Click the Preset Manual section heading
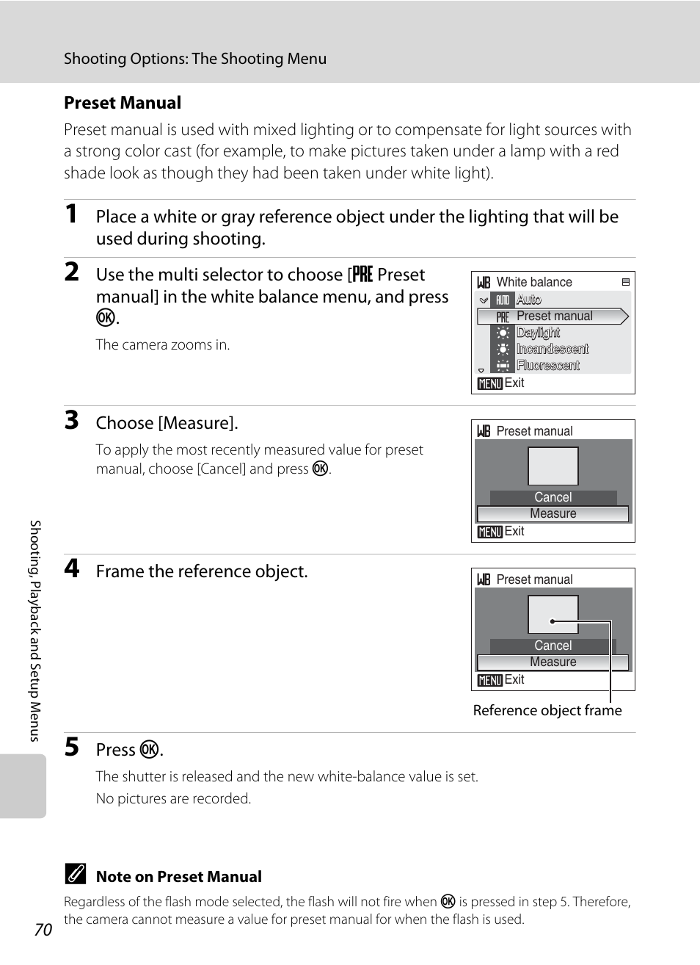pos(122,103)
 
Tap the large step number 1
pos(71,214)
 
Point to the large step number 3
pos(71,421)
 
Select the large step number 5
pos(71,748)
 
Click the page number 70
pos(43,930)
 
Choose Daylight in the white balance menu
pos(538,333)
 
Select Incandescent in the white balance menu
pos(552,349)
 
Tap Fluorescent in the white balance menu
pos(547,365)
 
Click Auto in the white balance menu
pos(528,300)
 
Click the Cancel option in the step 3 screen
pos(553,497)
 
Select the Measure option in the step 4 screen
pos(553,662)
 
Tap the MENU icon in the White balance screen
pos(489,383)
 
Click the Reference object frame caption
pos(547,710)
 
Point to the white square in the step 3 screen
pos(553,466)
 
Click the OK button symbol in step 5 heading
pos(149,749)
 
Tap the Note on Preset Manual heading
pos(178,876)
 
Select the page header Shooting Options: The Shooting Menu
pos(195,59)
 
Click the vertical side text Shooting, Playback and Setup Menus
pos(35,630)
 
